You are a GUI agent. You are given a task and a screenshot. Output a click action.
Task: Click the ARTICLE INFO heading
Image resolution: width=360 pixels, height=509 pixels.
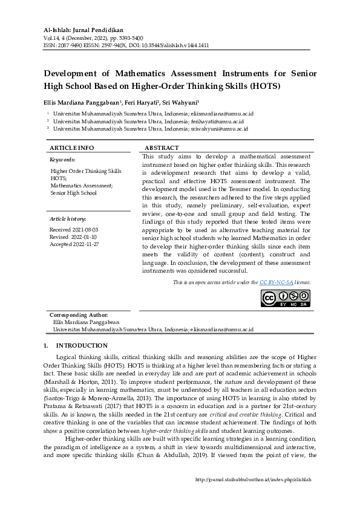71,148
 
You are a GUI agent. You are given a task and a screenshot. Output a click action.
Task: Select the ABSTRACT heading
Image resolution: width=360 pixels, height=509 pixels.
162,148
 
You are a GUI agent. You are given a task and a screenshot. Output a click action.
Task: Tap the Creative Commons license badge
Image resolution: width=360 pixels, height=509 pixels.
285,299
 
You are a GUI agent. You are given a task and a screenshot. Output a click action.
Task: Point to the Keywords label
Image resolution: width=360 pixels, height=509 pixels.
62,160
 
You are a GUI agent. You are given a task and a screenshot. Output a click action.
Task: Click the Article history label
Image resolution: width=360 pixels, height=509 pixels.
68,218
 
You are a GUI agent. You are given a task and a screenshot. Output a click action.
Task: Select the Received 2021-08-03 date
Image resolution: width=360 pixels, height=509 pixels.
74,230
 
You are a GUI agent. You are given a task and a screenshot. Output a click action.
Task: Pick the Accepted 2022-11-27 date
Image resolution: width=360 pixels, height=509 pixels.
74,244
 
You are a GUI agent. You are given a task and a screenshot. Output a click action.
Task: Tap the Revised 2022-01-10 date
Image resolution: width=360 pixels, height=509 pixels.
73,237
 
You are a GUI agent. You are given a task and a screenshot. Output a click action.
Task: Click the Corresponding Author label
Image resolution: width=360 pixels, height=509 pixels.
79,315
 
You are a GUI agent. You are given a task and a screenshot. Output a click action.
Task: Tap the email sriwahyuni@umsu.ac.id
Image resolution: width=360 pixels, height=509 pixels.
222,129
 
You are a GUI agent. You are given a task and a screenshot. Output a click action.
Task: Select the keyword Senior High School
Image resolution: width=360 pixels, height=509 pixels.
74,193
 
